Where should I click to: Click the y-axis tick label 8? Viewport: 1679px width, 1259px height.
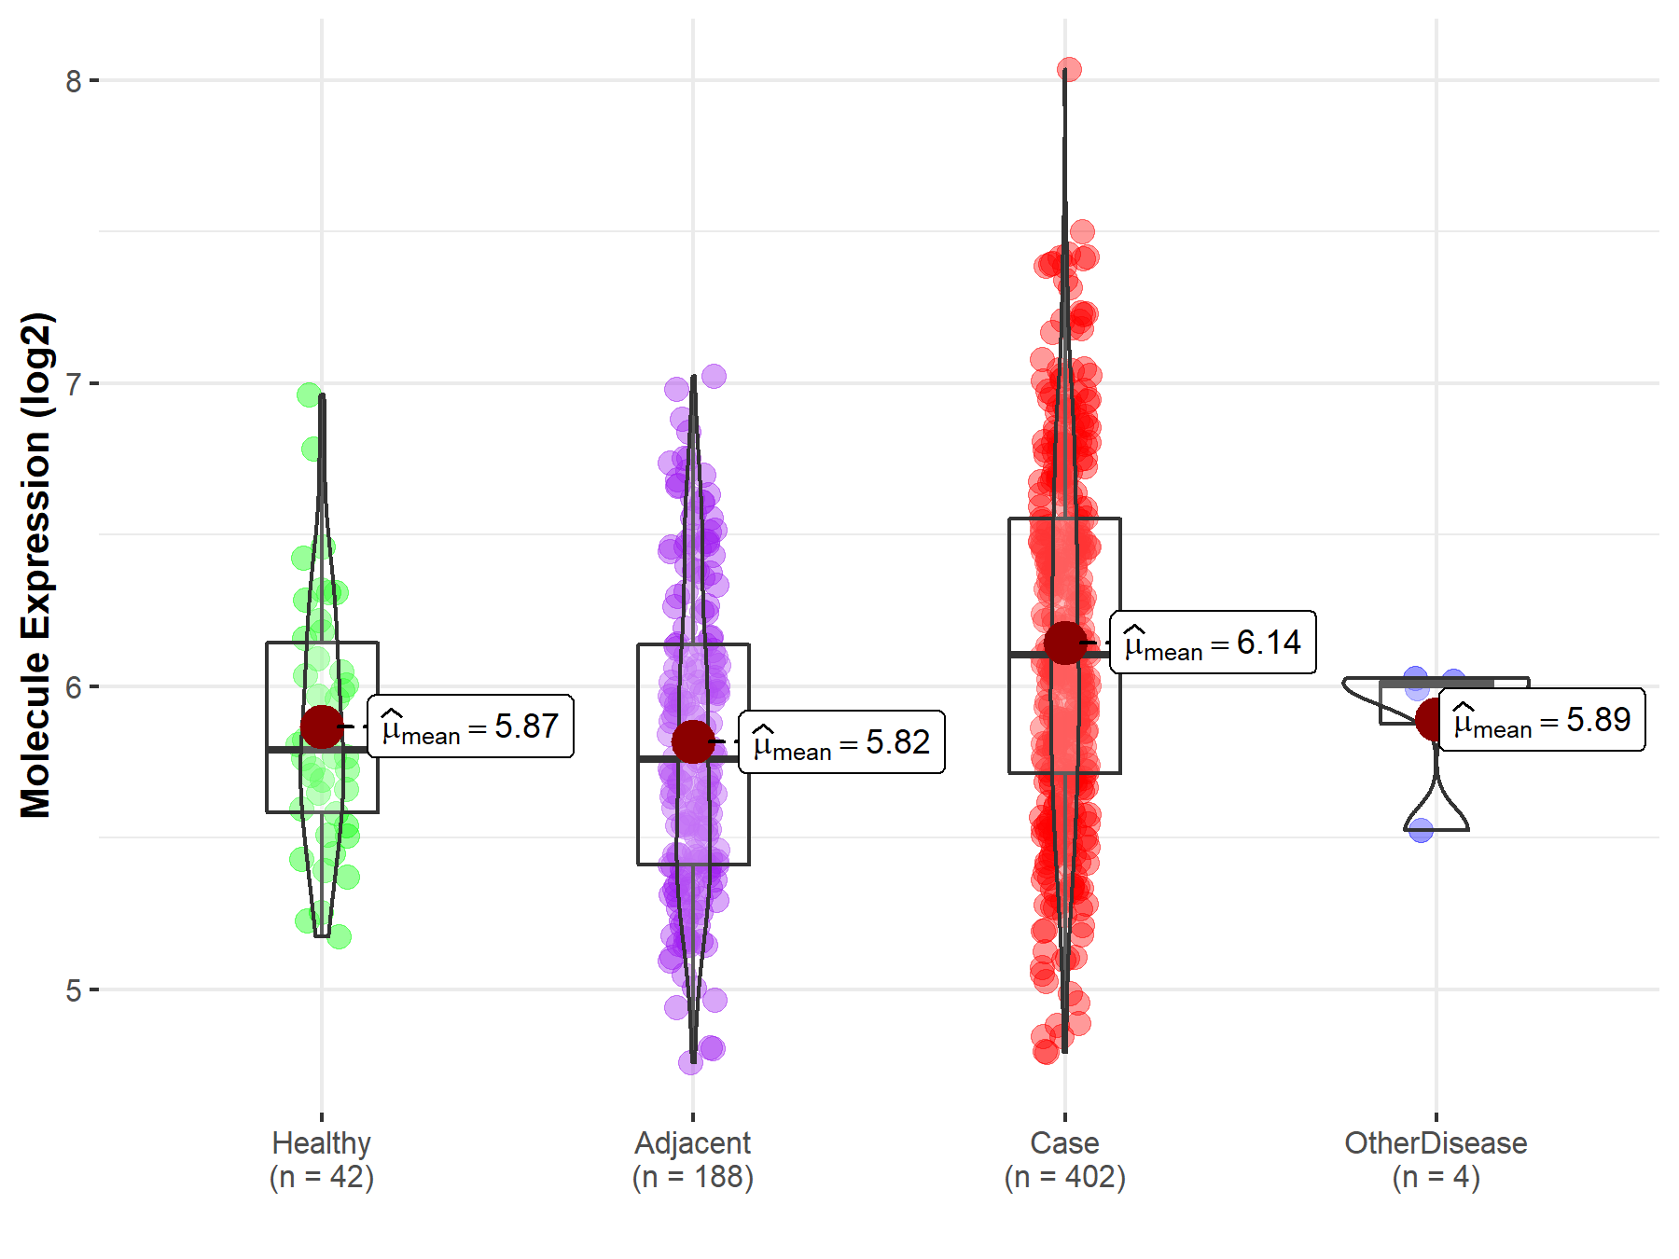(x=73, y=81)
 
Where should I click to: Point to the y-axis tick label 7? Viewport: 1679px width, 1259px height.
(x=73, y=383)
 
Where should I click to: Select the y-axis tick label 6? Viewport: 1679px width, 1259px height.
(x=73, y=687)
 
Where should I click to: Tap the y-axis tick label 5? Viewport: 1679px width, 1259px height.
(x=73, y=990)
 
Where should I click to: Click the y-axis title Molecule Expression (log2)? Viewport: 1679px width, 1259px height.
(x=35, y=565)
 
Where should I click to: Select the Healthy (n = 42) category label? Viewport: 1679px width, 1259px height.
(x=322, y=1159)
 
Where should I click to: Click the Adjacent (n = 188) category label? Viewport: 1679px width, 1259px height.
(x=693, y=1159)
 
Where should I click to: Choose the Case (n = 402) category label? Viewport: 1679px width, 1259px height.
(x=1064, y=1159)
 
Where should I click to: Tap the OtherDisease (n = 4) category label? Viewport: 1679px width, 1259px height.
(x=1436, y=1159)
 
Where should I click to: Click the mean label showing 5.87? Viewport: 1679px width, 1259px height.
(x=470, y=726)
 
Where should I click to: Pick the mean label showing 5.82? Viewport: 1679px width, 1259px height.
(x=841, y=742)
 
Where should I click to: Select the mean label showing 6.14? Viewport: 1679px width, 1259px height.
(x=1213, y=643)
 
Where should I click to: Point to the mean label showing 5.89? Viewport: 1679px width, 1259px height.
(x=1542, y=720)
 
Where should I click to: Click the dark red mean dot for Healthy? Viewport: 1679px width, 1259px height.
(x=322, y=726)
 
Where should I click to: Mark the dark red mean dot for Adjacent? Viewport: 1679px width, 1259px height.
(x=693, y=742)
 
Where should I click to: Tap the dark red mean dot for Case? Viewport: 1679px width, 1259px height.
(x=1064, y=643)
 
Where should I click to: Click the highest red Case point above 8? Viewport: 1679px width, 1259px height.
(x=1069, y=69)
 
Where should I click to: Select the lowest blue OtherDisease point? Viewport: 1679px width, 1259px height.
(x=1421, y=830)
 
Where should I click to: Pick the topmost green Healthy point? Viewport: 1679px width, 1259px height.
(x=309, y=395)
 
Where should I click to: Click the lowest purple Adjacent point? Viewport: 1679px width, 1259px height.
(x=690, y=1061)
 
